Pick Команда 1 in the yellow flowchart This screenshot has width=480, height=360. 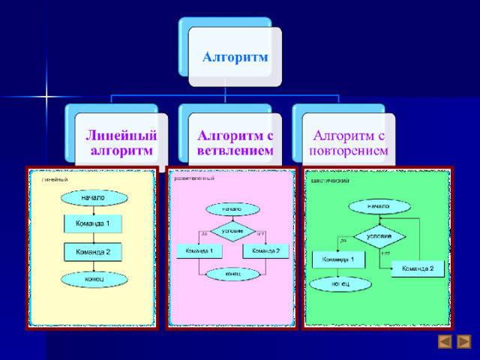pyautogui.click(x=93, y=223)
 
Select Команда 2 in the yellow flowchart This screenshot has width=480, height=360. pyautogui.click(x=93, y=252)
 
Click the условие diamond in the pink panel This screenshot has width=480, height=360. pyautogui.click(x=232, y=230)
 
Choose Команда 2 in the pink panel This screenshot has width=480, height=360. pyautogui.click(x=265, y=250)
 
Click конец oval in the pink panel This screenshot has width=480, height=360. pyautogui.click(x=232, y=274)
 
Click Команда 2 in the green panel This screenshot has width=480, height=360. pyautogui.click(x=417, y=268)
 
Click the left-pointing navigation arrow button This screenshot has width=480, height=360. pyautogui.click(x=444, y=342)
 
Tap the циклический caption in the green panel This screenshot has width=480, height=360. pyautogui.click(x=330, y=181)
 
